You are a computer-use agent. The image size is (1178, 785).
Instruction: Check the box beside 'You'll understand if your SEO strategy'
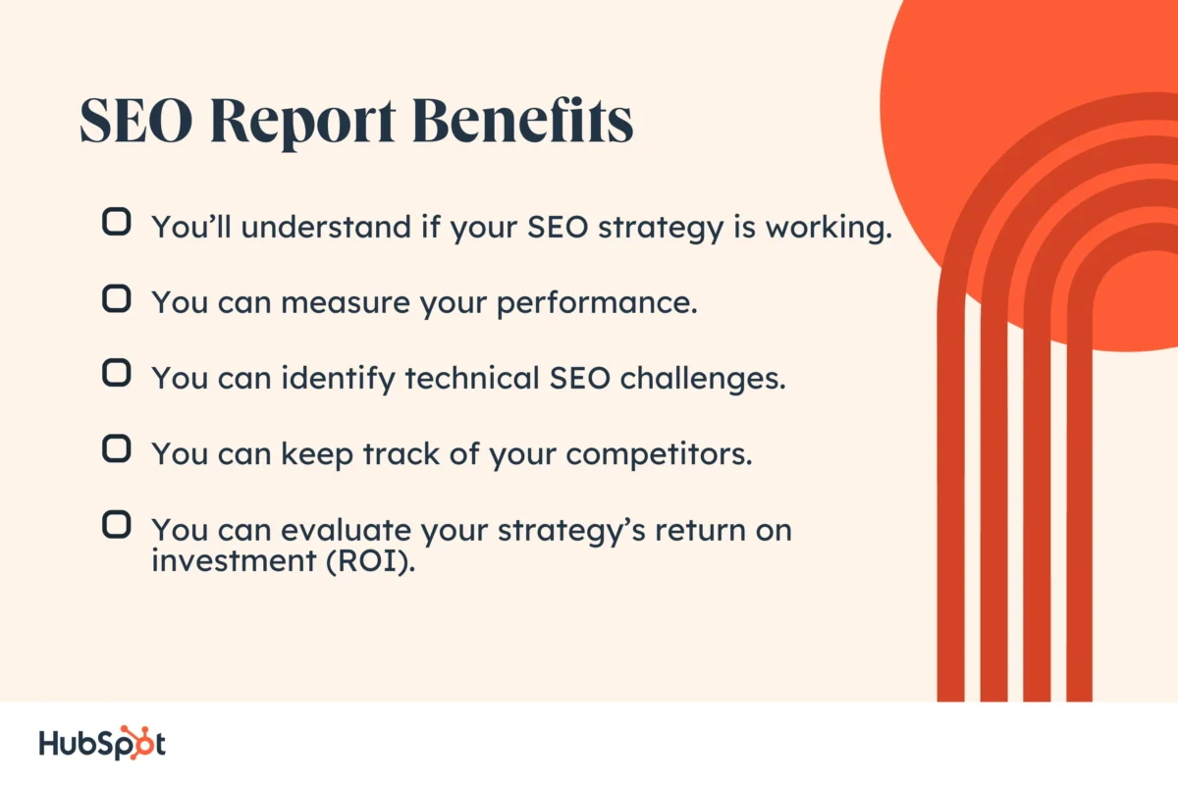116,223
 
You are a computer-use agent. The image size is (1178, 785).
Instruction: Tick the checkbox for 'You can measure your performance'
116,298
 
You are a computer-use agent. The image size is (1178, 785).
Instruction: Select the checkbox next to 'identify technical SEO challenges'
116,374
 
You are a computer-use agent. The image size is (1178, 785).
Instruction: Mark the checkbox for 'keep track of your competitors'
116,449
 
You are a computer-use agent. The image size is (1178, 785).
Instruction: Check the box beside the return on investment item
116,525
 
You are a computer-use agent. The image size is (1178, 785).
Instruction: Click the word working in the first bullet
825,228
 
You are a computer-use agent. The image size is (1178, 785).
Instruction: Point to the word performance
596,303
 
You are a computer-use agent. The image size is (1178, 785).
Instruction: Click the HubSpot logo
102,744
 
